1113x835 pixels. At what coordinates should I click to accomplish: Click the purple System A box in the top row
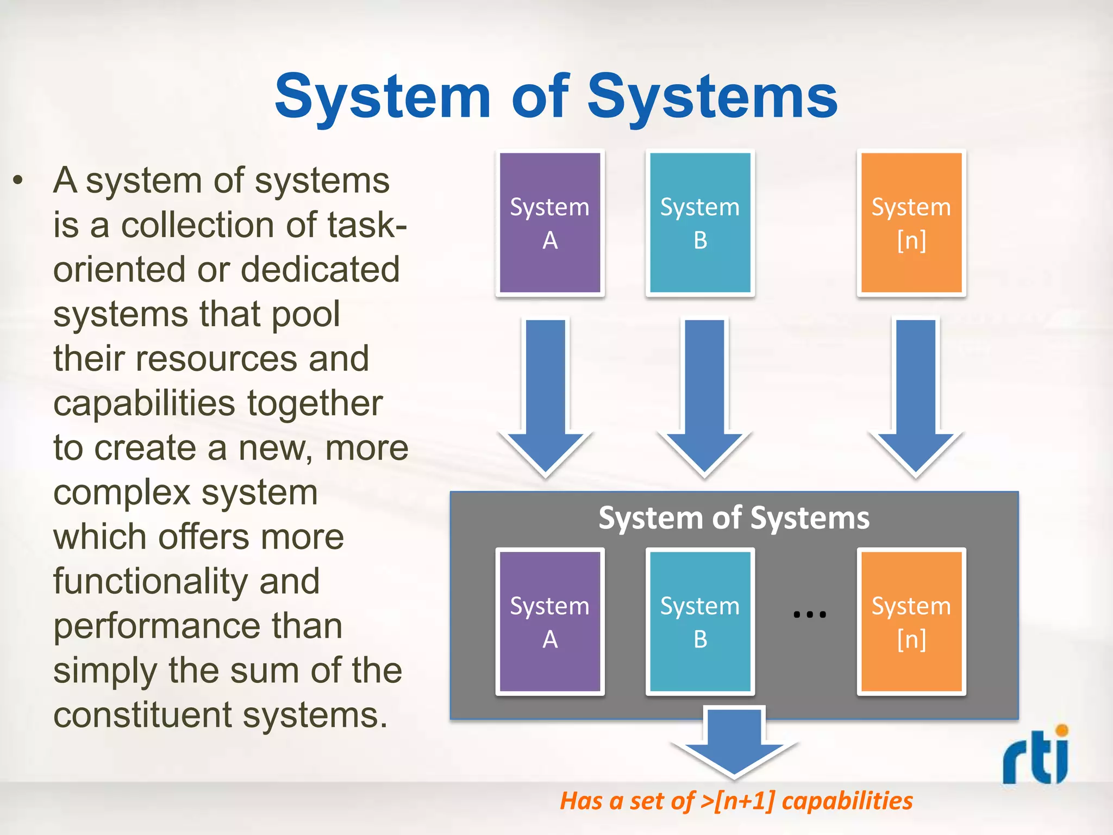(x=550, y=223)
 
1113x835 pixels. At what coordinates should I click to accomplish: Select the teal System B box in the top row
(x=700, y=223)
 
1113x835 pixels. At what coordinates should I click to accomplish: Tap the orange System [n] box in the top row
(x=911, y=223)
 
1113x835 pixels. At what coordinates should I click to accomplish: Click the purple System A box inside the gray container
(x=550, y=621)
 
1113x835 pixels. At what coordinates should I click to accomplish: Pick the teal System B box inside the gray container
(x=700, y=621)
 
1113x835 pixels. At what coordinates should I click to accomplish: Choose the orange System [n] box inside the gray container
(x=911, y=621)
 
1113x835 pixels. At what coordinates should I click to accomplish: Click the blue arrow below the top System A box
(x=546, y=397)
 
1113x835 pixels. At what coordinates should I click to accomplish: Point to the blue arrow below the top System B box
(x=704, y=397)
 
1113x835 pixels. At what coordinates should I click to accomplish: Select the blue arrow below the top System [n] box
(x=916, y=397)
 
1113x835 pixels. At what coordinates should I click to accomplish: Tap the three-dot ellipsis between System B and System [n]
(x=810, y=615)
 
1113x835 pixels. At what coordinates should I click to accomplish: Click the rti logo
(x=1036, y=756)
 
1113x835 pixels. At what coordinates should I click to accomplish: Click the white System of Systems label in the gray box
(x=734, y=518)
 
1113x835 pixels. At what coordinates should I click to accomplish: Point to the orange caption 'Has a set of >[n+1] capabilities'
(x=736, y=801)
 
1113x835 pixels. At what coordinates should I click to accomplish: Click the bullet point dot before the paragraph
(x=18, y=180)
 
